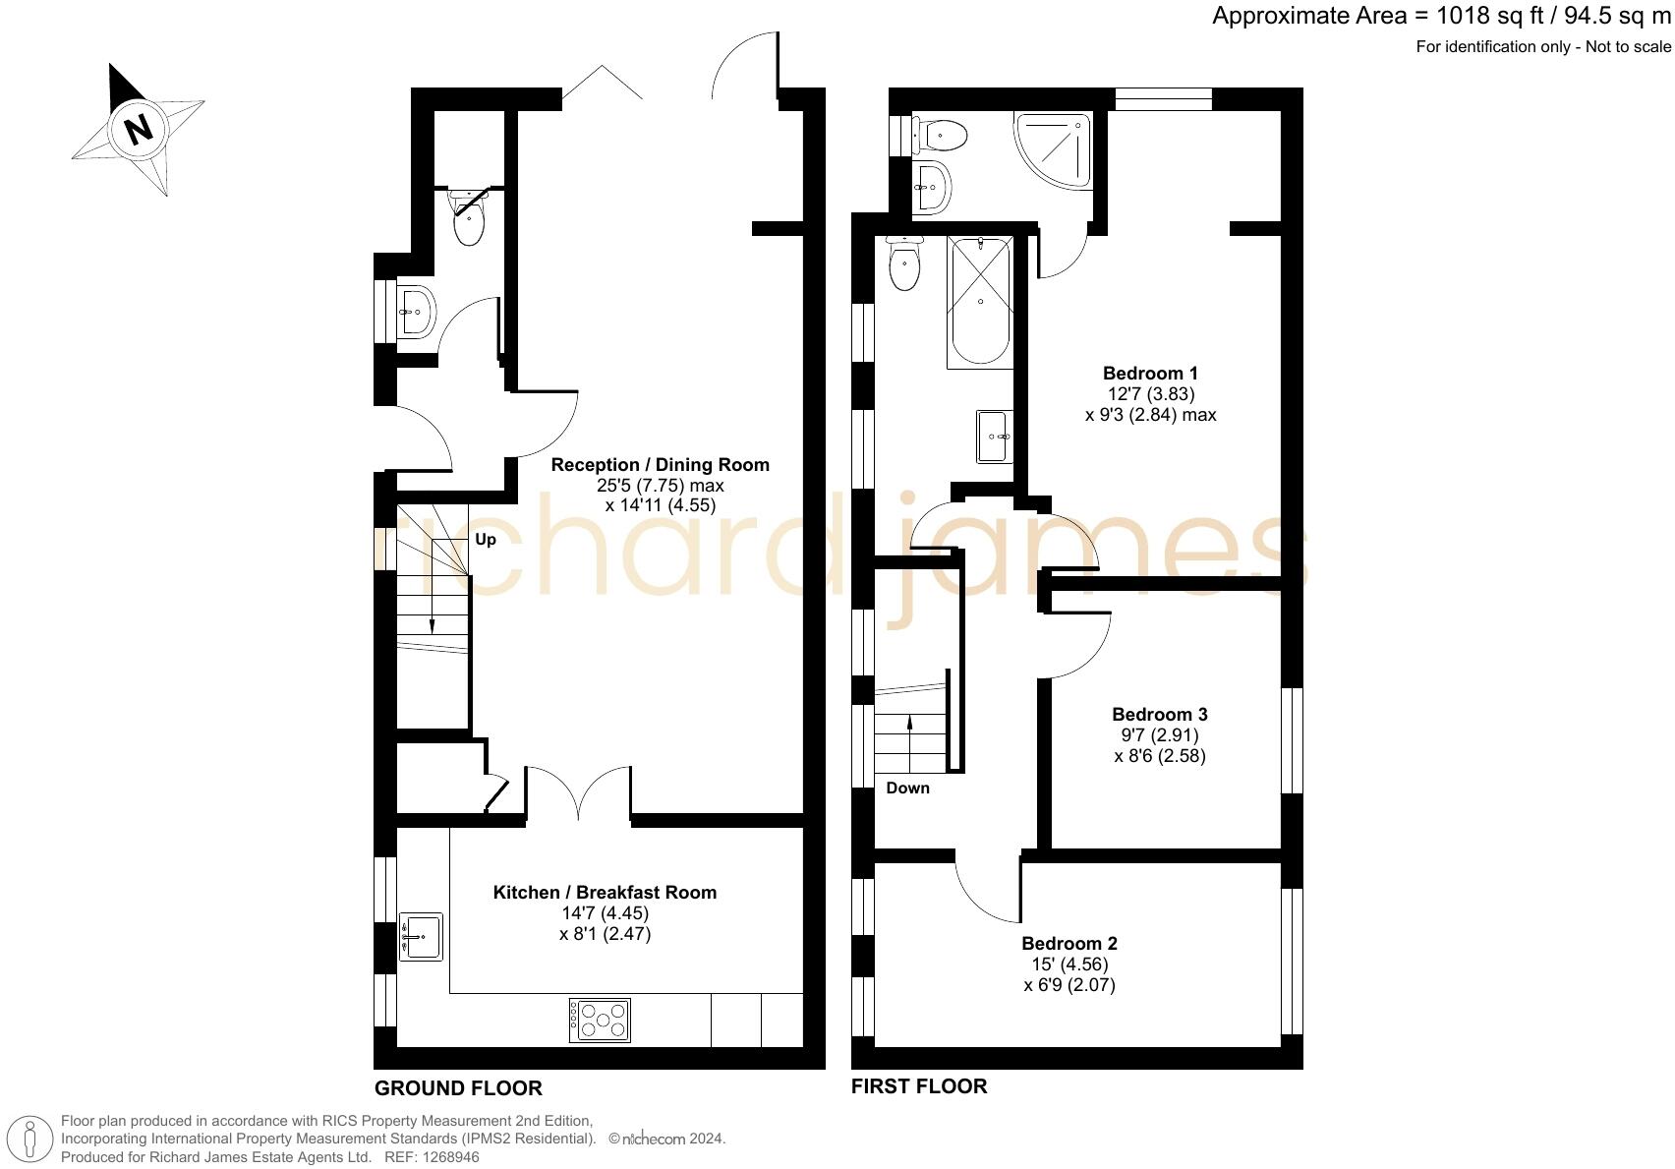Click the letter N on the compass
pos(139,129)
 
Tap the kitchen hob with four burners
pos(600,1020)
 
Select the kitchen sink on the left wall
pos(421,937)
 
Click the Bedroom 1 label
pos(1150,374)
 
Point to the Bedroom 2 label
pos(1069,944)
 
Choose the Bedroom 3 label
pos(1160,715)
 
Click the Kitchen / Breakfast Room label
pos(605,893)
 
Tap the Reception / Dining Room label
pos(660,465)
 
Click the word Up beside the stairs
pos(486,540)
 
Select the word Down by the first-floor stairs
pos(907,789)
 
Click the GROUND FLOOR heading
pos(458,1088)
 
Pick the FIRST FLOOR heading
pos(919,1086)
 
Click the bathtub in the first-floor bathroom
pos(979,302)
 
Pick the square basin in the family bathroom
pos(994,436)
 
